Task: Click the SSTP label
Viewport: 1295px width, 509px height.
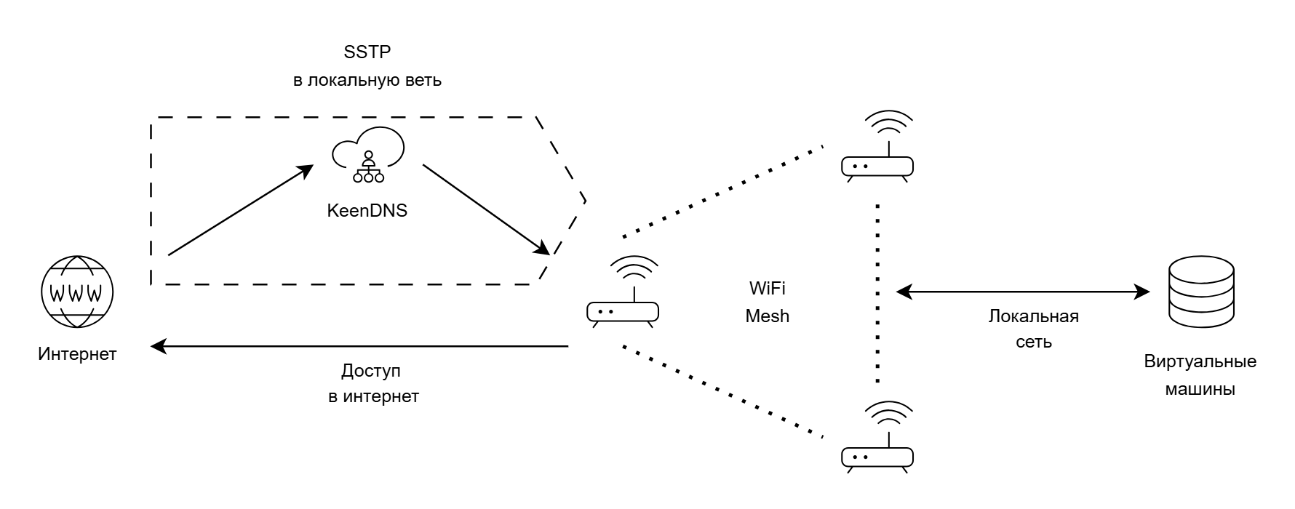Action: click(367, 52)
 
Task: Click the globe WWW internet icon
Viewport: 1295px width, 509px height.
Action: click(77, 294)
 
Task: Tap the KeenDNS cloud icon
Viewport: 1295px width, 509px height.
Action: click(368, 155)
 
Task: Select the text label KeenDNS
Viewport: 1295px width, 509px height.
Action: click(367, 212)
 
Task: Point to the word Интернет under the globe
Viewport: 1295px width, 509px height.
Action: click(77, 354)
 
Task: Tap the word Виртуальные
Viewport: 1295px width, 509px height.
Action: click(1200, 361)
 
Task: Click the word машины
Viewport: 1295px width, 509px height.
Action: click(1200, 389)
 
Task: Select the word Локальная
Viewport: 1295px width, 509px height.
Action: click(1033, 316)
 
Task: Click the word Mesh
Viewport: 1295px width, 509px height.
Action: click(767, 316)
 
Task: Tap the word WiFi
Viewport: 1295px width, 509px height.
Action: click(767, 289)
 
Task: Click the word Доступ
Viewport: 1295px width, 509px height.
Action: click(371, 371)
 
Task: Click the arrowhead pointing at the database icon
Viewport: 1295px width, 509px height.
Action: click(1143, 292)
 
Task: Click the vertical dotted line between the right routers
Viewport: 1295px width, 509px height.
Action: click(878, 291)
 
